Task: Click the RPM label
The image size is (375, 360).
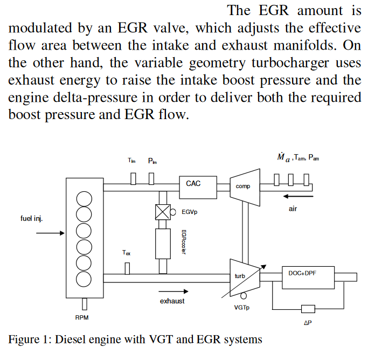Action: point(82,317)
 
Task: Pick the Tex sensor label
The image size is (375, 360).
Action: point(126,253)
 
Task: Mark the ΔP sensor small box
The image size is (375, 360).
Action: point(308,309)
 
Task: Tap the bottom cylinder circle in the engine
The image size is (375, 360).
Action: point(84,279)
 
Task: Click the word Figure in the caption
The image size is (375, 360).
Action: point(24,340)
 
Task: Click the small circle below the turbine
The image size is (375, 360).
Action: point(244,295)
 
